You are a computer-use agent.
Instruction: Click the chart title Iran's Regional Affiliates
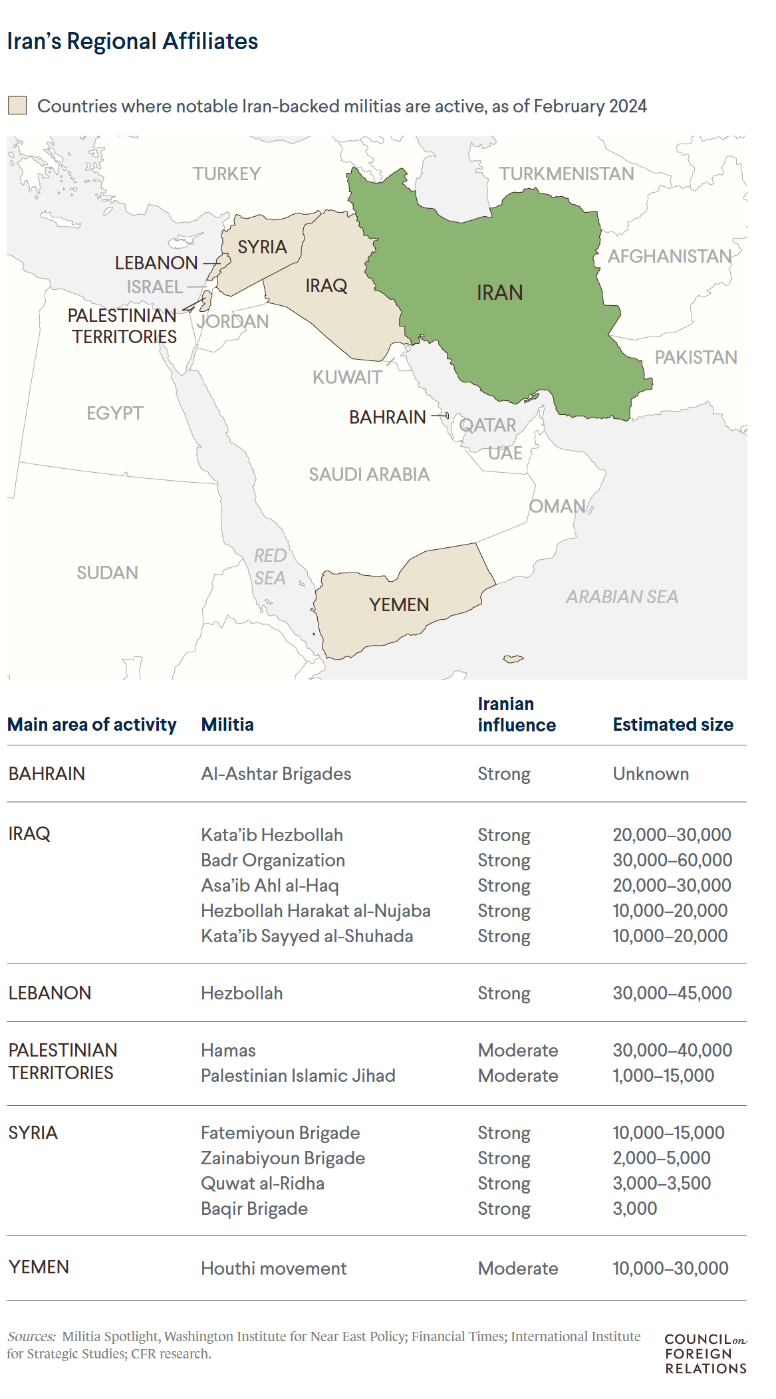click(132, 41)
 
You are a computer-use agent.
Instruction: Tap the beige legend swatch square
click(17, 106)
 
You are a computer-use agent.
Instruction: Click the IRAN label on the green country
click(499, 293)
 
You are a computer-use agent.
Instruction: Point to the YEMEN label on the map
click(399, 604)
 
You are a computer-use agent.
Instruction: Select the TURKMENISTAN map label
click(567, 174)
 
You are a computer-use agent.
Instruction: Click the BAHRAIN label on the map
click(388, 417)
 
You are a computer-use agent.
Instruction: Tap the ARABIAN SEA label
click(622, 596)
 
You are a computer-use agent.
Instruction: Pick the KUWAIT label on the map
click(347, 377)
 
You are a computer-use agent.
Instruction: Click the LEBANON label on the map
click(156, 263)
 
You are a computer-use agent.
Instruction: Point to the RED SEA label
click(270, 567)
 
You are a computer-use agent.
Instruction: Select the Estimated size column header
click(673, 724)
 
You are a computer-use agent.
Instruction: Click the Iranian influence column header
click(516, 714)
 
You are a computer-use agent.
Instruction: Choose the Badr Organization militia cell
click(273, 860)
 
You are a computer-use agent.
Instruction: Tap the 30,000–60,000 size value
click(672, 860)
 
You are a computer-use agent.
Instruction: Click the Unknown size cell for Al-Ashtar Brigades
click(650, 773)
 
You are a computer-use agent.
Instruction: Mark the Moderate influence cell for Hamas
click(517, 1050)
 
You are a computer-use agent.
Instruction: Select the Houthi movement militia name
click(273, 1268)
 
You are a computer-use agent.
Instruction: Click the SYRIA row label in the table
click(33, 1132)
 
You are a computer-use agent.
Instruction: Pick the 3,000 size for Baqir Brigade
click(634, 1208)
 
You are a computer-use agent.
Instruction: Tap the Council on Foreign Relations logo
click(705, 1353)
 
